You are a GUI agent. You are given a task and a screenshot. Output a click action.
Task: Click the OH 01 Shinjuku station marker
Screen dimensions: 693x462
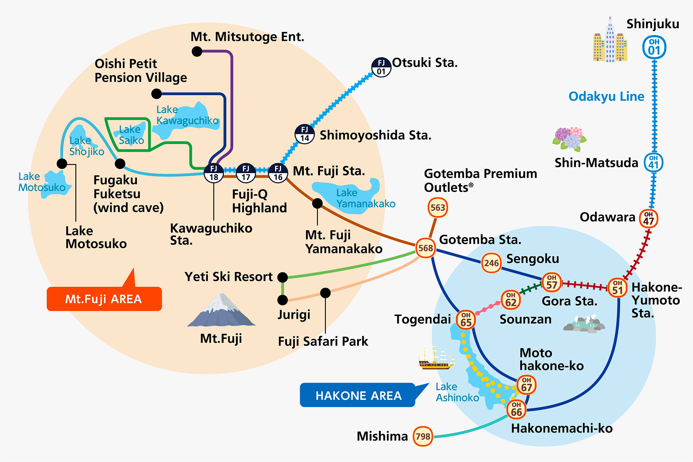coord(654,47)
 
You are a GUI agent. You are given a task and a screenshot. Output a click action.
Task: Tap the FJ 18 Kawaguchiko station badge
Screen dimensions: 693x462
coord(214,173)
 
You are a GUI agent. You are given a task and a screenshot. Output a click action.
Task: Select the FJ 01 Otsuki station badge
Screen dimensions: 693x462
coord(381,67)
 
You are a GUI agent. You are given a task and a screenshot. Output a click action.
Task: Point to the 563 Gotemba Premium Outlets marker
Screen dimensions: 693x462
coord(438,207)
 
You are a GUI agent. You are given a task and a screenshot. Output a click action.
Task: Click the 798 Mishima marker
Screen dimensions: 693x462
coord(423,436)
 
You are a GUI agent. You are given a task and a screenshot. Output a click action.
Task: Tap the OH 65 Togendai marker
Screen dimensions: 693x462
coord(466,319)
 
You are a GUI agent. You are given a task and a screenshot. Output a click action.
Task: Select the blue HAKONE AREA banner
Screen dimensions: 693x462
coord(362,395)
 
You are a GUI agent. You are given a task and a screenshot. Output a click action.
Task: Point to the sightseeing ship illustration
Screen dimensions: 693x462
coord(436,358)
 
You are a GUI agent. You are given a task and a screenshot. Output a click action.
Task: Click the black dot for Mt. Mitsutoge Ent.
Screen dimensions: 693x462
coord(197,52)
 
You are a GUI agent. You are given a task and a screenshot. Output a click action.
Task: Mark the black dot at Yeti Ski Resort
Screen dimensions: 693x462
coord(283,277)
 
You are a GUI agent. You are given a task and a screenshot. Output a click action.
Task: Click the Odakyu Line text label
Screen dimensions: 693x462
coord(606,96)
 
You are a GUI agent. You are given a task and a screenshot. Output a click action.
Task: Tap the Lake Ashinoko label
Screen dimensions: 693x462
coord(457,392)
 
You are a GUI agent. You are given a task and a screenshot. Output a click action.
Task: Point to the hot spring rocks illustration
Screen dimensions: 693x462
coord(584,324)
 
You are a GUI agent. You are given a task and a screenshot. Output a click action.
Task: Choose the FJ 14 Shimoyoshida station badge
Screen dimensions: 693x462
coord(305,134)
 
